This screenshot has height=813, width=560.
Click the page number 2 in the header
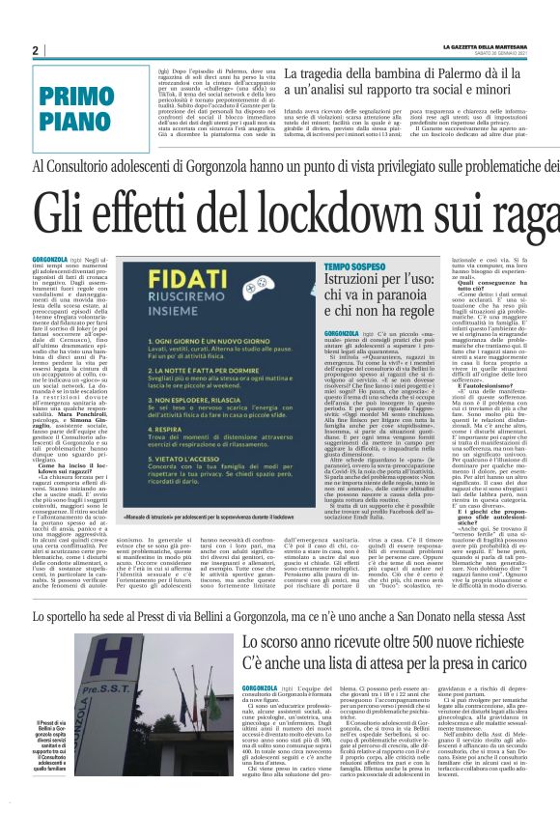(35, 50)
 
